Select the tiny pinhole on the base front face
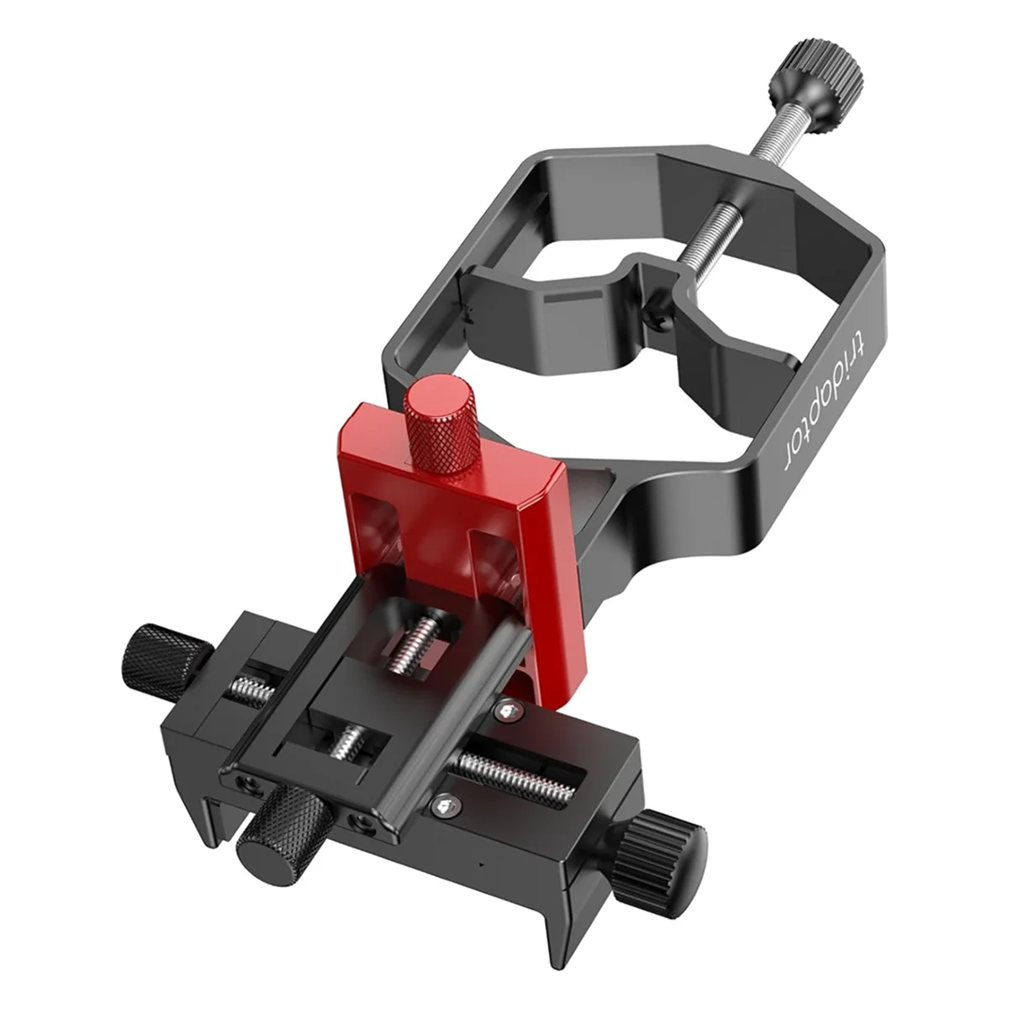(478, 865)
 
